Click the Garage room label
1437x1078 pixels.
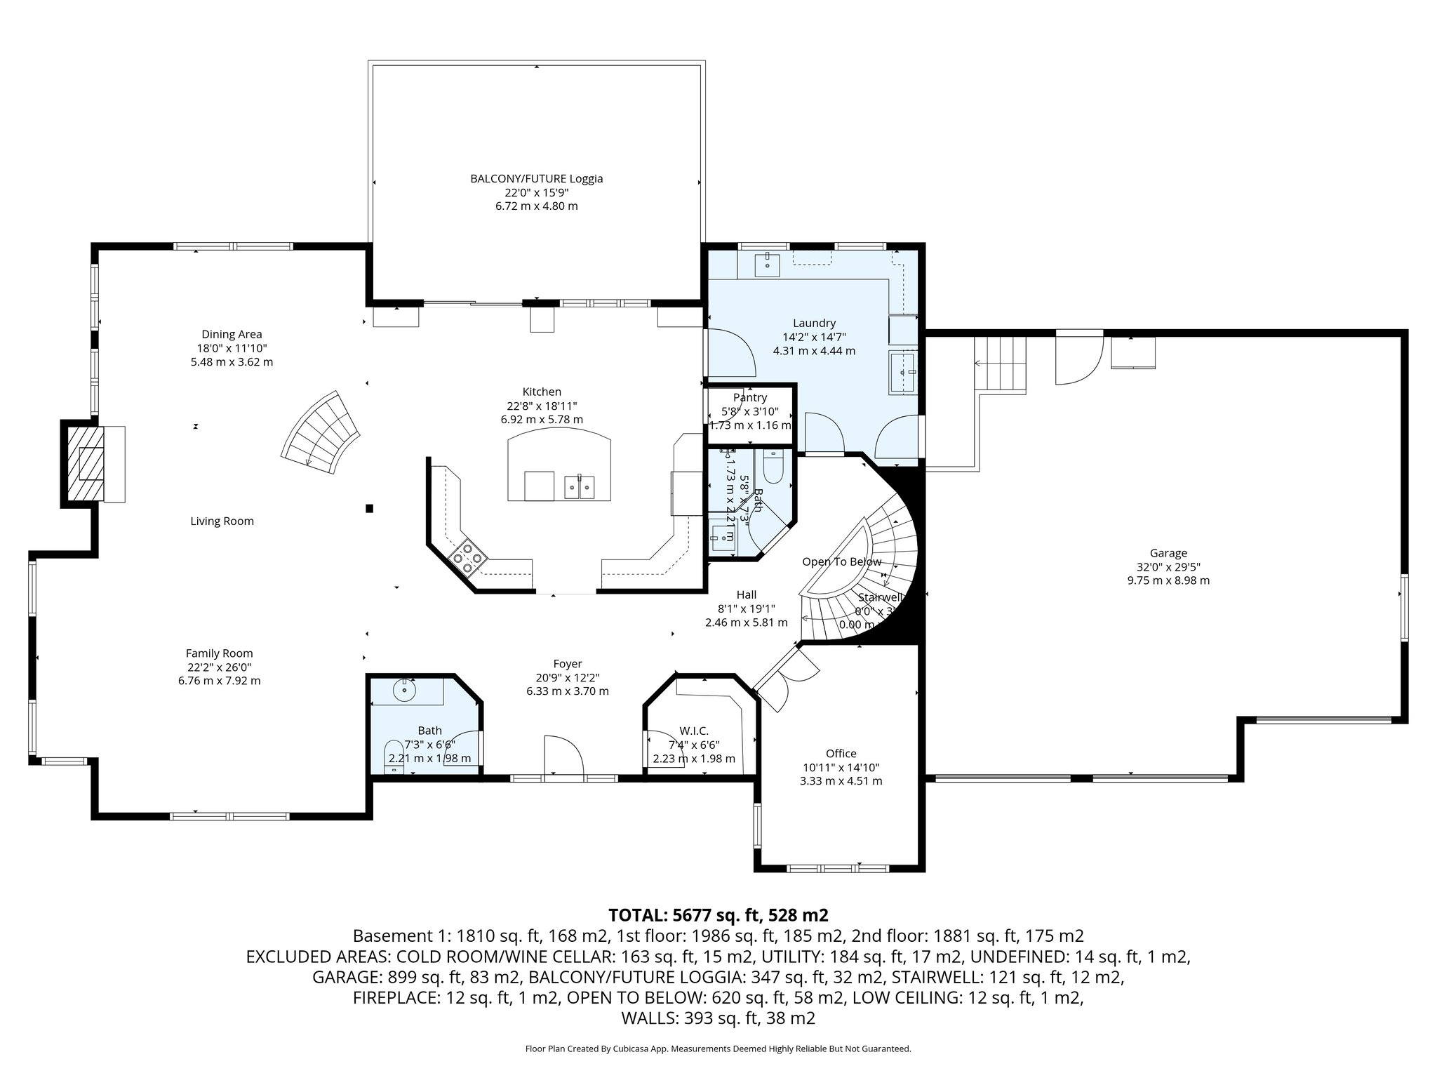[x=1168, y=553]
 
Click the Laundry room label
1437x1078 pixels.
[x=814, y=323]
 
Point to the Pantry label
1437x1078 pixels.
[x=749, y=397]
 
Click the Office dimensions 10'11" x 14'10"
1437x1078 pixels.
[x=841, y=768]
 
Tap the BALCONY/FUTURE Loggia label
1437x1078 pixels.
[x=536, y=178]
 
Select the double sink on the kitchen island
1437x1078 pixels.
[x=580, y=486]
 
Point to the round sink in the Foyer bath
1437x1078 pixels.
[x=405, y=690]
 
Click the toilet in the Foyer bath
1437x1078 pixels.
[x=394, y=754]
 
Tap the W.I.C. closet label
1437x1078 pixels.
[x=693, y=731]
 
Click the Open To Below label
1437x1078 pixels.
[x=841, y=561]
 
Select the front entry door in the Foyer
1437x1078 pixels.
[x=563, y=758]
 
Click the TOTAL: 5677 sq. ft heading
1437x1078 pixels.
[x=718, y=915]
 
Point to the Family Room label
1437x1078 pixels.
[x=219, y=653]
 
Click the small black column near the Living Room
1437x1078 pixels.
[x=369, y=508]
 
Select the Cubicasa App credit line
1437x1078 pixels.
[x=718, y=1049]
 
